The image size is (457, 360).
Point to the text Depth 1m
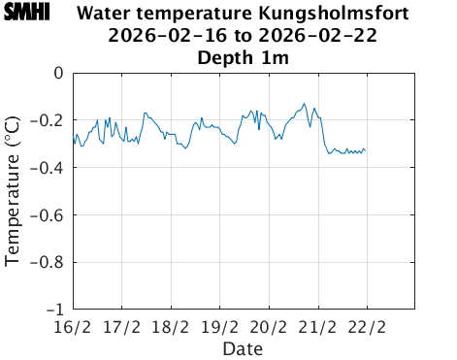point(243,58)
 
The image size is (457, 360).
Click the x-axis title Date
point(243,347)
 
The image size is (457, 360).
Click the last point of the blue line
point(366,150)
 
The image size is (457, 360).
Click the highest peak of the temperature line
point(305,103)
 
